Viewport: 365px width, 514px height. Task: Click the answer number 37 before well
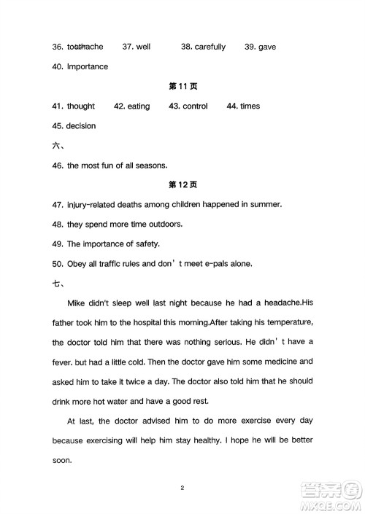click(127, 47)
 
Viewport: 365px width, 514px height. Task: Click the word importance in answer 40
click(88, 67)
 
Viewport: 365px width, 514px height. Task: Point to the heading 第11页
click(182, 86)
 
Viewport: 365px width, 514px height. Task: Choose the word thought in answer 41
click(81, 106)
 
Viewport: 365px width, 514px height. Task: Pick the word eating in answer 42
click(139, 106)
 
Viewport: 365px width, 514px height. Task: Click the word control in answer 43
click(195, 106)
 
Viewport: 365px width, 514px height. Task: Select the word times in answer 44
click(250, 106)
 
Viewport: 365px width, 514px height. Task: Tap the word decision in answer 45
click(80, 126)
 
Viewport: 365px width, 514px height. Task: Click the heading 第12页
click(182, 184)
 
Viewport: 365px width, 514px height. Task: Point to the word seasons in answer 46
click(151, 165)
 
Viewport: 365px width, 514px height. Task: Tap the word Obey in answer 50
click(77, 263)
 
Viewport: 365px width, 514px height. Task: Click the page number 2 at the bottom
click(182, 486)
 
